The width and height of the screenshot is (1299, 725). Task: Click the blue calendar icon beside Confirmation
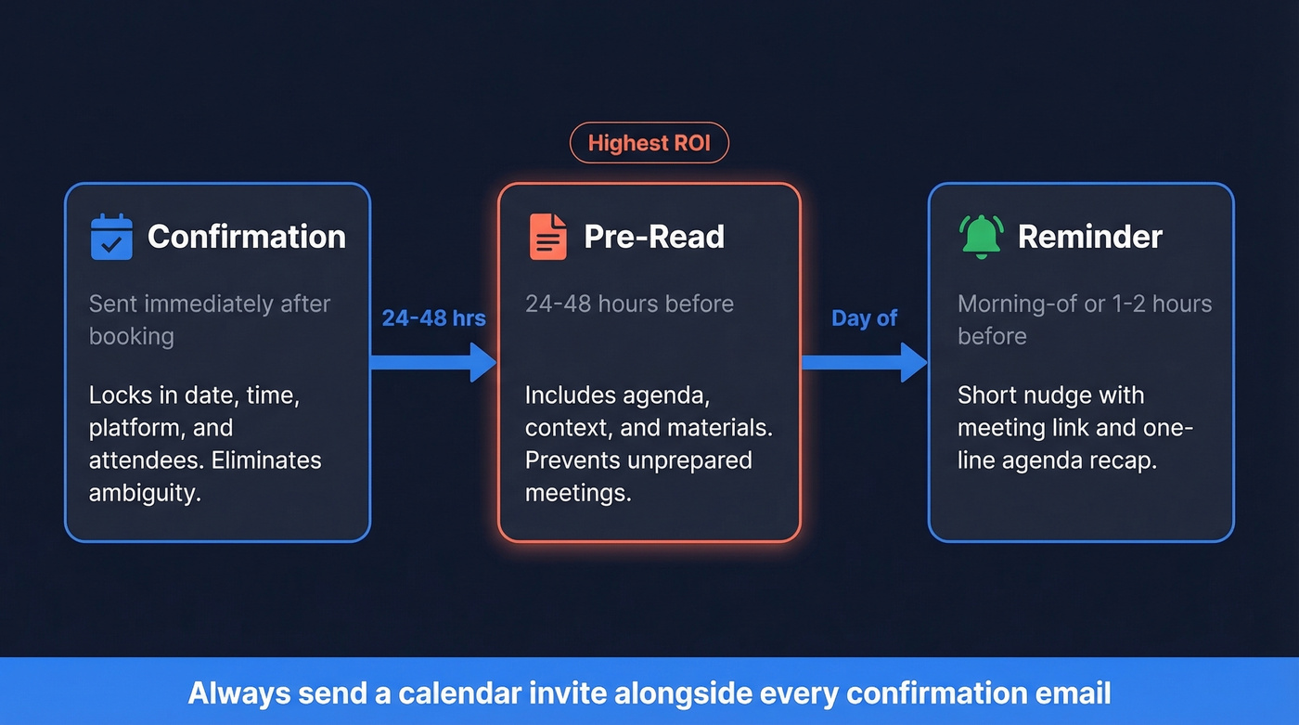coord(111,237)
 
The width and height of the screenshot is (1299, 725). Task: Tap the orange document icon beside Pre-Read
coord(547,237)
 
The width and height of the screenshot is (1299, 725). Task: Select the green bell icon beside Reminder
coord(981,236)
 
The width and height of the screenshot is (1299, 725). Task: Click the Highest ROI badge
coord(649,144)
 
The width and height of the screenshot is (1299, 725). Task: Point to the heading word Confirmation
coord(247,237)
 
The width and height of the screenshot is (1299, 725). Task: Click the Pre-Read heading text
coord(654,237)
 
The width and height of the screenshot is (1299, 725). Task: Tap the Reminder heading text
coord(1089,237)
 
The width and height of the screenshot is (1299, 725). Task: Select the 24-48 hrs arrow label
coord(433,318)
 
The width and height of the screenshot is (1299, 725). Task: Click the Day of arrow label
coord(864,318)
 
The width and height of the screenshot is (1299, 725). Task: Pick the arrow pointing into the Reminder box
coord(864,362)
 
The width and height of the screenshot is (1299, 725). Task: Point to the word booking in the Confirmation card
coord(131,336)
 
